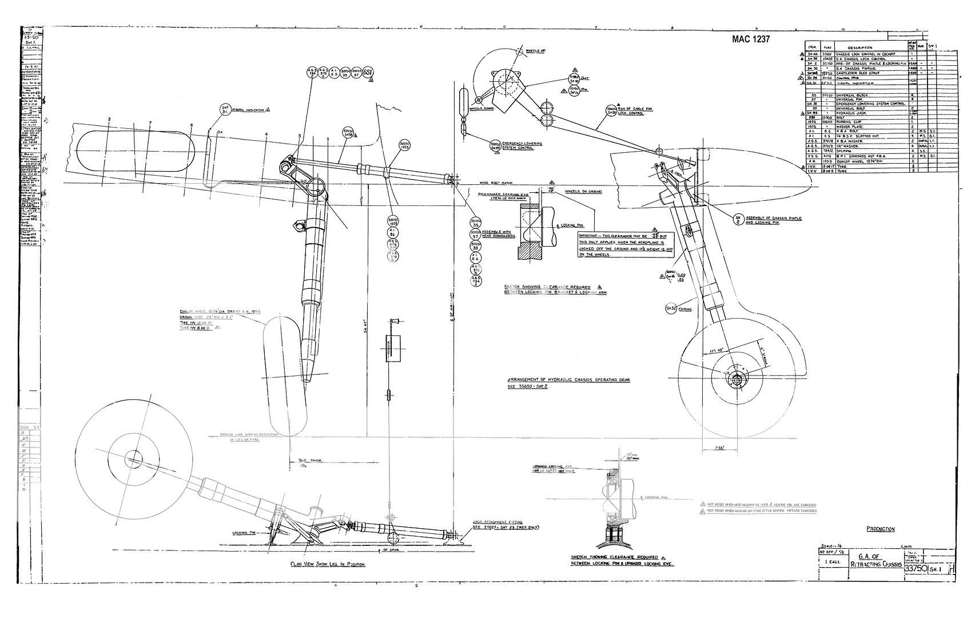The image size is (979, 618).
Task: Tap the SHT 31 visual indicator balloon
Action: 224,110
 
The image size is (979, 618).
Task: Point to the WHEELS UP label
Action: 536,50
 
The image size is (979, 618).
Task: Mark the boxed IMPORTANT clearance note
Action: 625,245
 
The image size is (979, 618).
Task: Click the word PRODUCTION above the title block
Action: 880,529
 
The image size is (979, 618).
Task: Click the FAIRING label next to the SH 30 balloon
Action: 686,309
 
